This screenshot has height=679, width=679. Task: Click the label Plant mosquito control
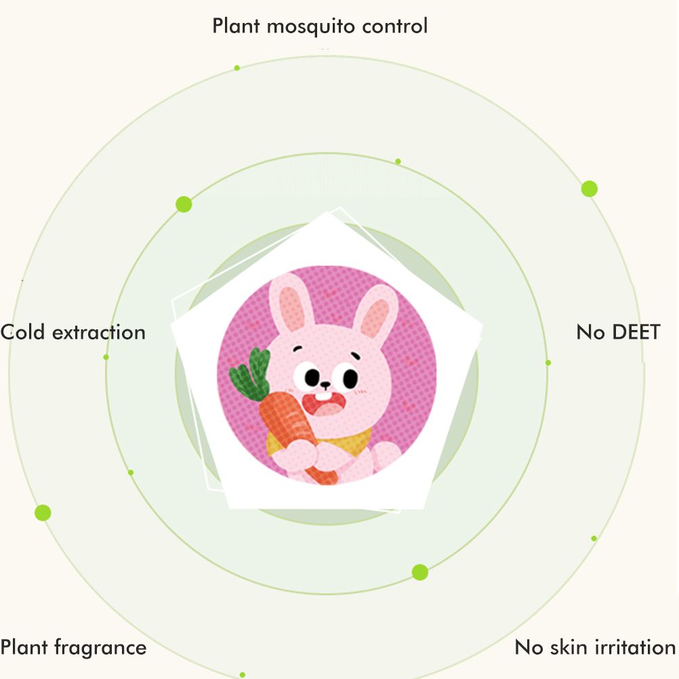point(320,26)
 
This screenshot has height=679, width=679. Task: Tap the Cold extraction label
point(73,333)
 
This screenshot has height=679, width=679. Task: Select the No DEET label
point(619,332)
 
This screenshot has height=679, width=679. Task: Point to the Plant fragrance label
point(73,648)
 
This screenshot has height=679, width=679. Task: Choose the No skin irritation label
point(595,647)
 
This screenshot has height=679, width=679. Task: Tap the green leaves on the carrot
point(250,375)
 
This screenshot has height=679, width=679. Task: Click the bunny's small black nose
point(325,384)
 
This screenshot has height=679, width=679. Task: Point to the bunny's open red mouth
point(325,404)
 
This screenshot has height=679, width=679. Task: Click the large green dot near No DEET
point(590,189)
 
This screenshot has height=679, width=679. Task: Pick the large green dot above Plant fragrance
point(43,513)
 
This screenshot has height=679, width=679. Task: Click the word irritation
point(635,647)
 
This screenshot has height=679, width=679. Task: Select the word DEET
point(636,332)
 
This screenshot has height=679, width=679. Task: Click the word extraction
point(99,333)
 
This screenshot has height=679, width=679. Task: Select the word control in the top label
point(395,26)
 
